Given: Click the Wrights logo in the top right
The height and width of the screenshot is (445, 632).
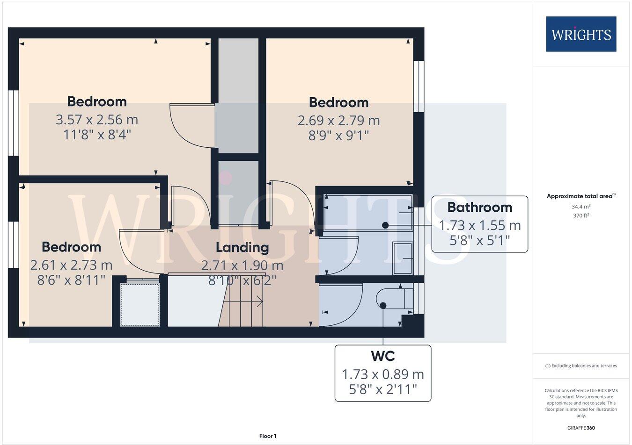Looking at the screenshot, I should (581, 34).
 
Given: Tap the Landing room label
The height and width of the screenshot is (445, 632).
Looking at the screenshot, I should (242, 247).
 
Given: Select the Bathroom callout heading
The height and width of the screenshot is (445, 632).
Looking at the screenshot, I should (479, 207).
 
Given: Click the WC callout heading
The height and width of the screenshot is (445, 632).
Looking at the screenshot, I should (383, 356).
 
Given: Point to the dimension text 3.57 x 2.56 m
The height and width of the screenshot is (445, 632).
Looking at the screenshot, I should (97, 120).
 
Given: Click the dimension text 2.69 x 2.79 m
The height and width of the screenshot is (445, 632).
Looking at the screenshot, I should (338, 121).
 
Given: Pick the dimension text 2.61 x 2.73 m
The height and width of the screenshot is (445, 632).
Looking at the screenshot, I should (71, 265).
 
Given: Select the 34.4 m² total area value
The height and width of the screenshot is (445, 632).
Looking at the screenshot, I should (581, 207).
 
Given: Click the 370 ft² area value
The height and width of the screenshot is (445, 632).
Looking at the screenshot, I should (581, 215).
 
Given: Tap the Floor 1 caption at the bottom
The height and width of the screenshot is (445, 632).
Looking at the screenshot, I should (268, 436).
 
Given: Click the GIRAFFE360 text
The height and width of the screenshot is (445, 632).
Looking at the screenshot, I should (581, 428).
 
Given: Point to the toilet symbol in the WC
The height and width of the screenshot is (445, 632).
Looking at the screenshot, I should (393, 299).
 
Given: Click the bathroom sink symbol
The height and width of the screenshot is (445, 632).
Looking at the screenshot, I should (403, 258).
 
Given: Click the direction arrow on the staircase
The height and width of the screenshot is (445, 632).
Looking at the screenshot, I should (243, 302).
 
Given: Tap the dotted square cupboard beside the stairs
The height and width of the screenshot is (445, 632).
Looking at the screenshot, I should (140, 304).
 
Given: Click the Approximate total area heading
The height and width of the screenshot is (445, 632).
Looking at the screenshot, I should (581, 196).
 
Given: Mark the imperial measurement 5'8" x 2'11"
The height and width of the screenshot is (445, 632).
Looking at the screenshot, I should (383, 389).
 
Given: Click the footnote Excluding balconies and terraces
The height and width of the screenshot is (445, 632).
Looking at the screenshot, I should (581, 366).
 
